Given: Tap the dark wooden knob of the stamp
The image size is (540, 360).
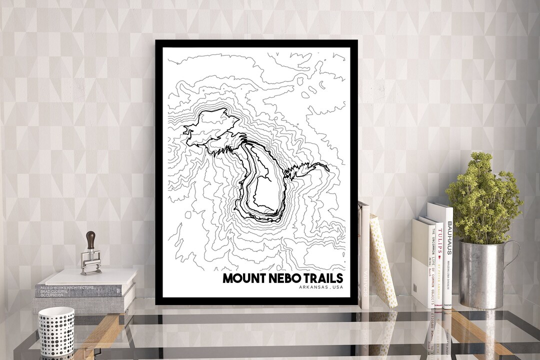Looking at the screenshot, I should click(91, 238).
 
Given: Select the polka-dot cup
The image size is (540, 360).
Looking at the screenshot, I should click(56, 330).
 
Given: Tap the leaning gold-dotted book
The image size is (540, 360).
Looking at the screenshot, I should click(382, 260).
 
